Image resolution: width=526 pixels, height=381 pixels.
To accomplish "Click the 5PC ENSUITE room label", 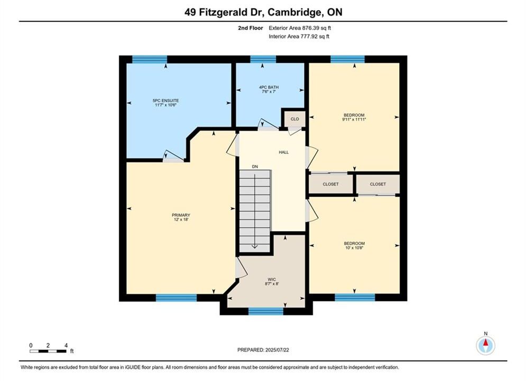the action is (165, 101).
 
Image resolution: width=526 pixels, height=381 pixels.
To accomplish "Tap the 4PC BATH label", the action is (269, 87).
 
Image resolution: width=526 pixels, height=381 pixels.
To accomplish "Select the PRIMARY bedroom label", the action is (181, 215).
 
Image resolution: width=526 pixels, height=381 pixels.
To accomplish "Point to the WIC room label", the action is (272, 279).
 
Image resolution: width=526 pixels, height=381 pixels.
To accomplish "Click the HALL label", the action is (284, 152).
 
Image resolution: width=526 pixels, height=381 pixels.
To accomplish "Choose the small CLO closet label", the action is (295, 119).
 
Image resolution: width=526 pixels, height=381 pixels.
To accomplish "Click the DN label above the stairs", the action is (255, 167).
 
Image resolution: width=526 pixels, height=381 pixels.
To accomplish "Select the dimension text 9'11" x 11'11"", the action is (354, 119).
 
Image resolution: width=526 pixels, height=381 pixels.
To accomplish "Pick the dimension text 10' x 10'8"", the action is (354, 248).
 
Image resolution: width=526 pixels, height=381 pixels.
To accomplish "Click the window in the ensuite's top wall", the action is (150, 59).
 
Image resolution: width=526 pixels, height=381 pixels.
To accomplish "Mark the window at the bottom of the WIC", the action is (266, 311).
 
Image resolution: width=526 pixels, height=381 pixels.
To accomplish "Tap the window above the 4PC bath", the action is (263, 59).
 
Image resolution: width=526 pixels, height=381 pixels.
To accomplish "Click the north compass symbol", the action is (485, 344).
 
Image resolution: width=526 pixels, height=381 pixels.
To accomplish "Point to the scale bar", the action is (48, 351).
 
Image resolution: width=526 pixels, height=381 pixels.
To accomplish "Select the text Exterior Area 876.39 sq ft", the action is (300, 28).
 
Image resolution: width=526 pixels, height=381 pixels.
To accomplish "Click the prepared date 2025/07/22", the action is (277, 350).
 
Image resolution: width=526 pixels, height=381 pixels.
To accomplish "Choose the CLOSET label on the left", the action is (331, 184).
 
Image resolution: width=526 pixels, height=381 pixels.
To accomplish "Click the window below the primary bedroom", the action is (176, 298).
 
